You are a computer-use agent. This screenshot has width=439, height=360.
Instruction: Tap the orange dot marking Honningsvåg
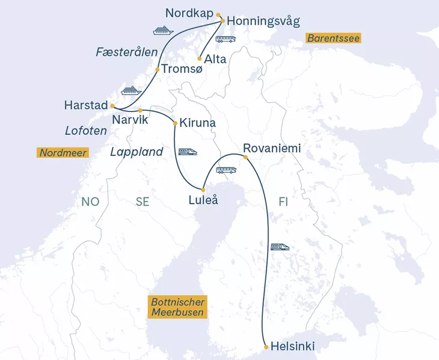223,21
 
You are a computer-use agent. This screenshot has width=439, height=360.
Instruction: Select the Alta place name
216,59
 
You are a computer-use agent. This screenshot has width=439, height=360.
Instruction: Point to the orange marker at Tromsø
158,70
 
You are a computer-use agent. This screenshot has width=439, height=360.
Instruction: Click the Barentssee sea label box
333,38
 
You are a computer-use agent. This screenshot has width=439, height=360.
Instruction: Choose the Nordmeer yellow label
63,152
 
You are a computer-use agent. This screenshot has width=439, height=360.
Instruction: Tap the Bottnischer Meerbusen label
178,307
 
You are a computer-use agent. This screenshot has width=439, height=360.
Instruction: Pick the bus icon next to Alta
226,39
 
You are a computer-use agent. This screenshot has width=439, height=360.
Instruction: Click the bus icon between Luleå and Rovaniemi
226,170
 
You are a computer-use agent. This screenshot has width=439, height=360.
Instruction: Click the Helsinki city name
293,347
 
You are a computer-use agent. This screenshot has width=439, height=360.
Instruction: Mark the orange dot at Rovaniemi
245,158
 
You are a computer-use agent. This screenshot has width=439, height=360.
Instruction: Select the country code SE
143,202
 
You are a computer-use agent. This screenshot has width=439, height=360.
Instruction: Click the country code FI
283,202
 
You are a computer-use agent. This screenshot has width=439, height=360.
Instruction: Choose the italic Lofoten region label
85,131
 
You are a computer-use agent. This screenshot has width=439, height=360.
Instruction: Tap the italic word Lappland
137,152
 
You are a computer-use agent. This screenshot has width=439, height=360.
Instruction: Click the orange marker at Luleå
203,190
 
